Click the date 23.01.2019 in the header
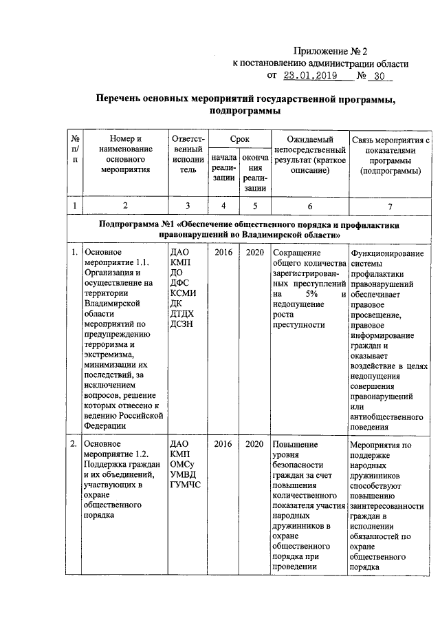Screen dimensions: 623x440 point(313,76)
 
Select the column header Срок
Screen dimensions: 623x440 point(239,139)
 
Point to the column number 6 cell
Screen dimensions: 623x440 point(309,205)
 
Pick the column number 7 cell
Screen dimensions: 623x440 point(389,205)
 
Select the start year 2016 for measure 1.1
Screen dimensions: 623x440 point(223,253)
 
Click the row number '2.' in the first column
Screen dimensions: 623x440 point(74,444)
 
